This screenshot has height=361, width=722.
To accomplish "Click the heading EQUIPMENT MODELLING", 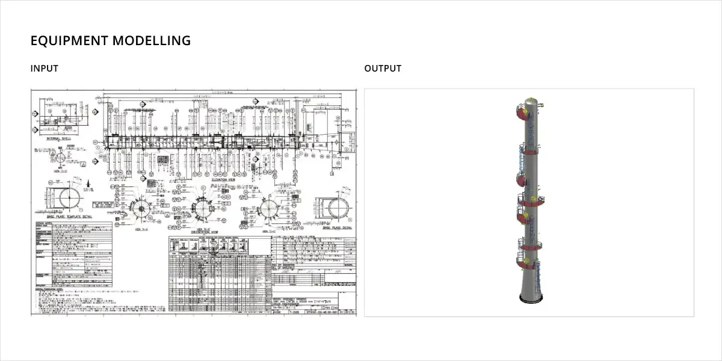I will pyautogui.click(x=111, y=41).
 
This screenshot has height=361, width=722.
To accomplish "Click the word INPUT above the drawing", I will pyautogui.click(x=45, y=69).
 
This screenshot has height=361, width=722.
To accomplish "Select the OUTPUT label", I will pyautogui.click(x=383, y=69).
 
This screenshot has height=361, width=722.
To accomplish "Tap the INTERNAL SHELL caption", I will pyautogui.click(x=58, y=138).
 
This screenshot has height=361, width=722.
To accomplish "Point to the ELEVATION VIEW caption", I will pyautogui.click(x=223, y=179).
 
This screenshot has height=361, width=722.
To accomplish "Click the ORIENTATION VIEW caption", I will pyautogui.click(x=204, y=232).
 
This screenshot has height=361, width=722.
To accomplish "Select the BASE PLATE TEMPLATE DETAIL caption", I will pyautogui.click(x=66, y=216).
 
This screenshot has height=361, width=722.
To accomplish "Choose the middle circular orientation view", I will pyautogui.click(x=203, y=209).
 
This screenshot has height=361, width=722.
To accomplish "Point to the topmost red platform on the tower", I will pyautogui.click(x=522, y=112).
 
